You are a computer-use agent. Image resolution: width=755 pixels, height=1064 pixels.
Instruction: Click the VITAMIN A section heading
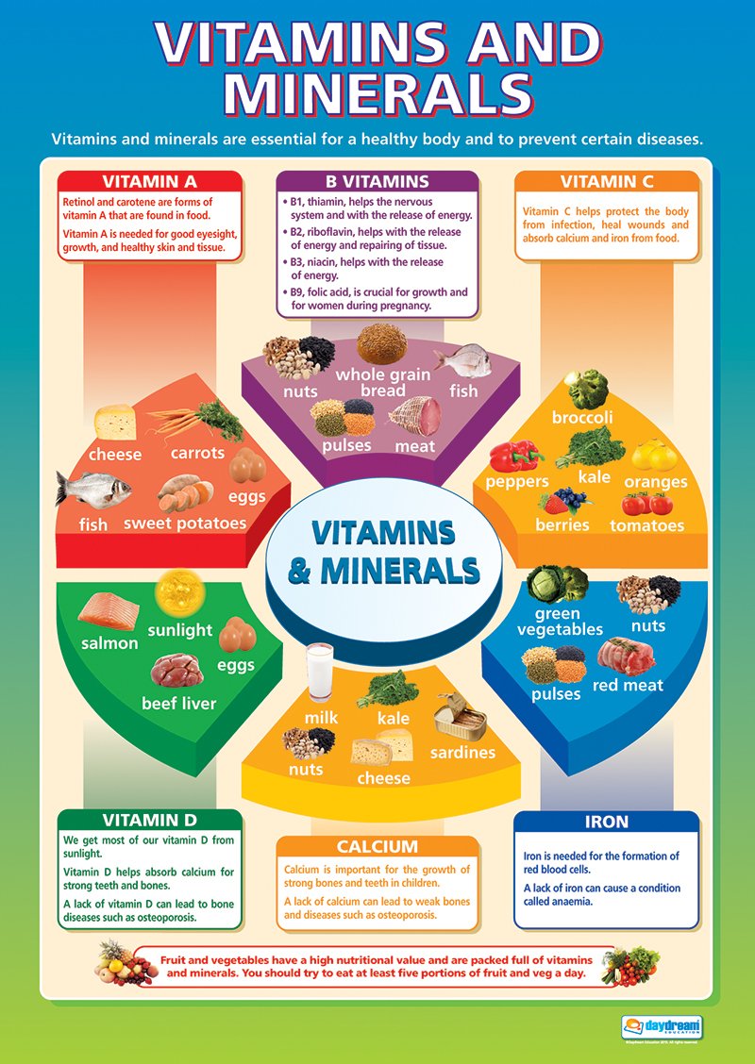tap(150, 182)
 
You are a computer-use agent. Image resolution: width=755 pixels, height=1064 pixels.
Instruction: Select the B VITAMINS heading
tap(377, 182)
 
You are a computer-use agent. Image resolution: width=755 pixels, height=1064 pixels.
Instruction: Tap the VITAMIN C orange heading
tap(607, 182)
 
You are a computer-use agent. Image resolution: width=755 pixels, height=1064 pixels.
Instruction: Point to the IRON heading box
tap(607, 822)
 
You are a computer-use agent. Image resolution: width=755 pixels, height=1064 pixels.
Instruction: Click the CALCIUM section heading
tap(377, 847)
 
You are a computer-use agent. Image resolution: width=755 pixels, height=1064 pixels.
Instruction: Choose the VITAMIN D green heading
tap(150, 820)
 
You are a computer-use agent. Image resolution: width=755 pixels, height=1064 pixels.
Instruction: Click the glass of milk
tap(319, 672)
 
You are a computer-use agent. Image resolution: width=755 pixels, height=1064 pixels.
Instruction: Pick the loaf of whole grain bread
tap(380, 344)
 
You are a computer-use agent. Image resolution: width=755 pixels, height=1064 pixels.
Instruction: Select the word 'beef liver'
tap(178, 704)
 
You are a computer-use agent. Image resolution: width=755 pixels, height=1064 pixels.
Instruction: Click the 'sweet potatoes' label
tap(185, 523)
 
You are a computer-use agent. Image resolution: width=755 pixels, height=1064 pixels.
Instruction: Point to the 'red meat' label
tap(628, 685)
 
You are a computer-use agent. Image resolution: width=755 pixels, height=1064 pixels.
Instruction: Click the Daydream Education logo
tap(660, 1022)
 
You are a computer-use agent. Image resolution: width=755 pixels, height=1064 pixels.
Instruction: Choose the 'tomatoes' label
tap(646, 524)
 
